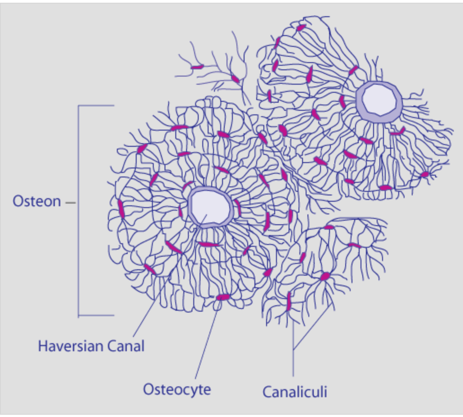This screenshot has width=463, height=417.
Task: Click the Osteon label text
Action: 36,201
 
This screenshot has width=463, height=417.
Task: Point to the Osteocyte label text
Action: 177,389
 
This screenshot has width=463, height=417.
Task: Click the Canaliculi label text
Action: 294,392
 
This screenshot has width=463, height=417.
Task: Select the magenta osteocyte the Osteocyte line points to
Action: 223,297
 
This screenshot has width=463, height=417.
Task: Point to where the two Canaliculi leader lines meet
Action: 293,350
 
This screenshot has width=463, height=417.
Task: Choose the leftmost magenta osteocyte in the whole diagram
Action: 120,208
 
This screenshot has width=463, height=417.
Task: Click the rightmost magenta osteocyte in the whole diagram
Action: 424,174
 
